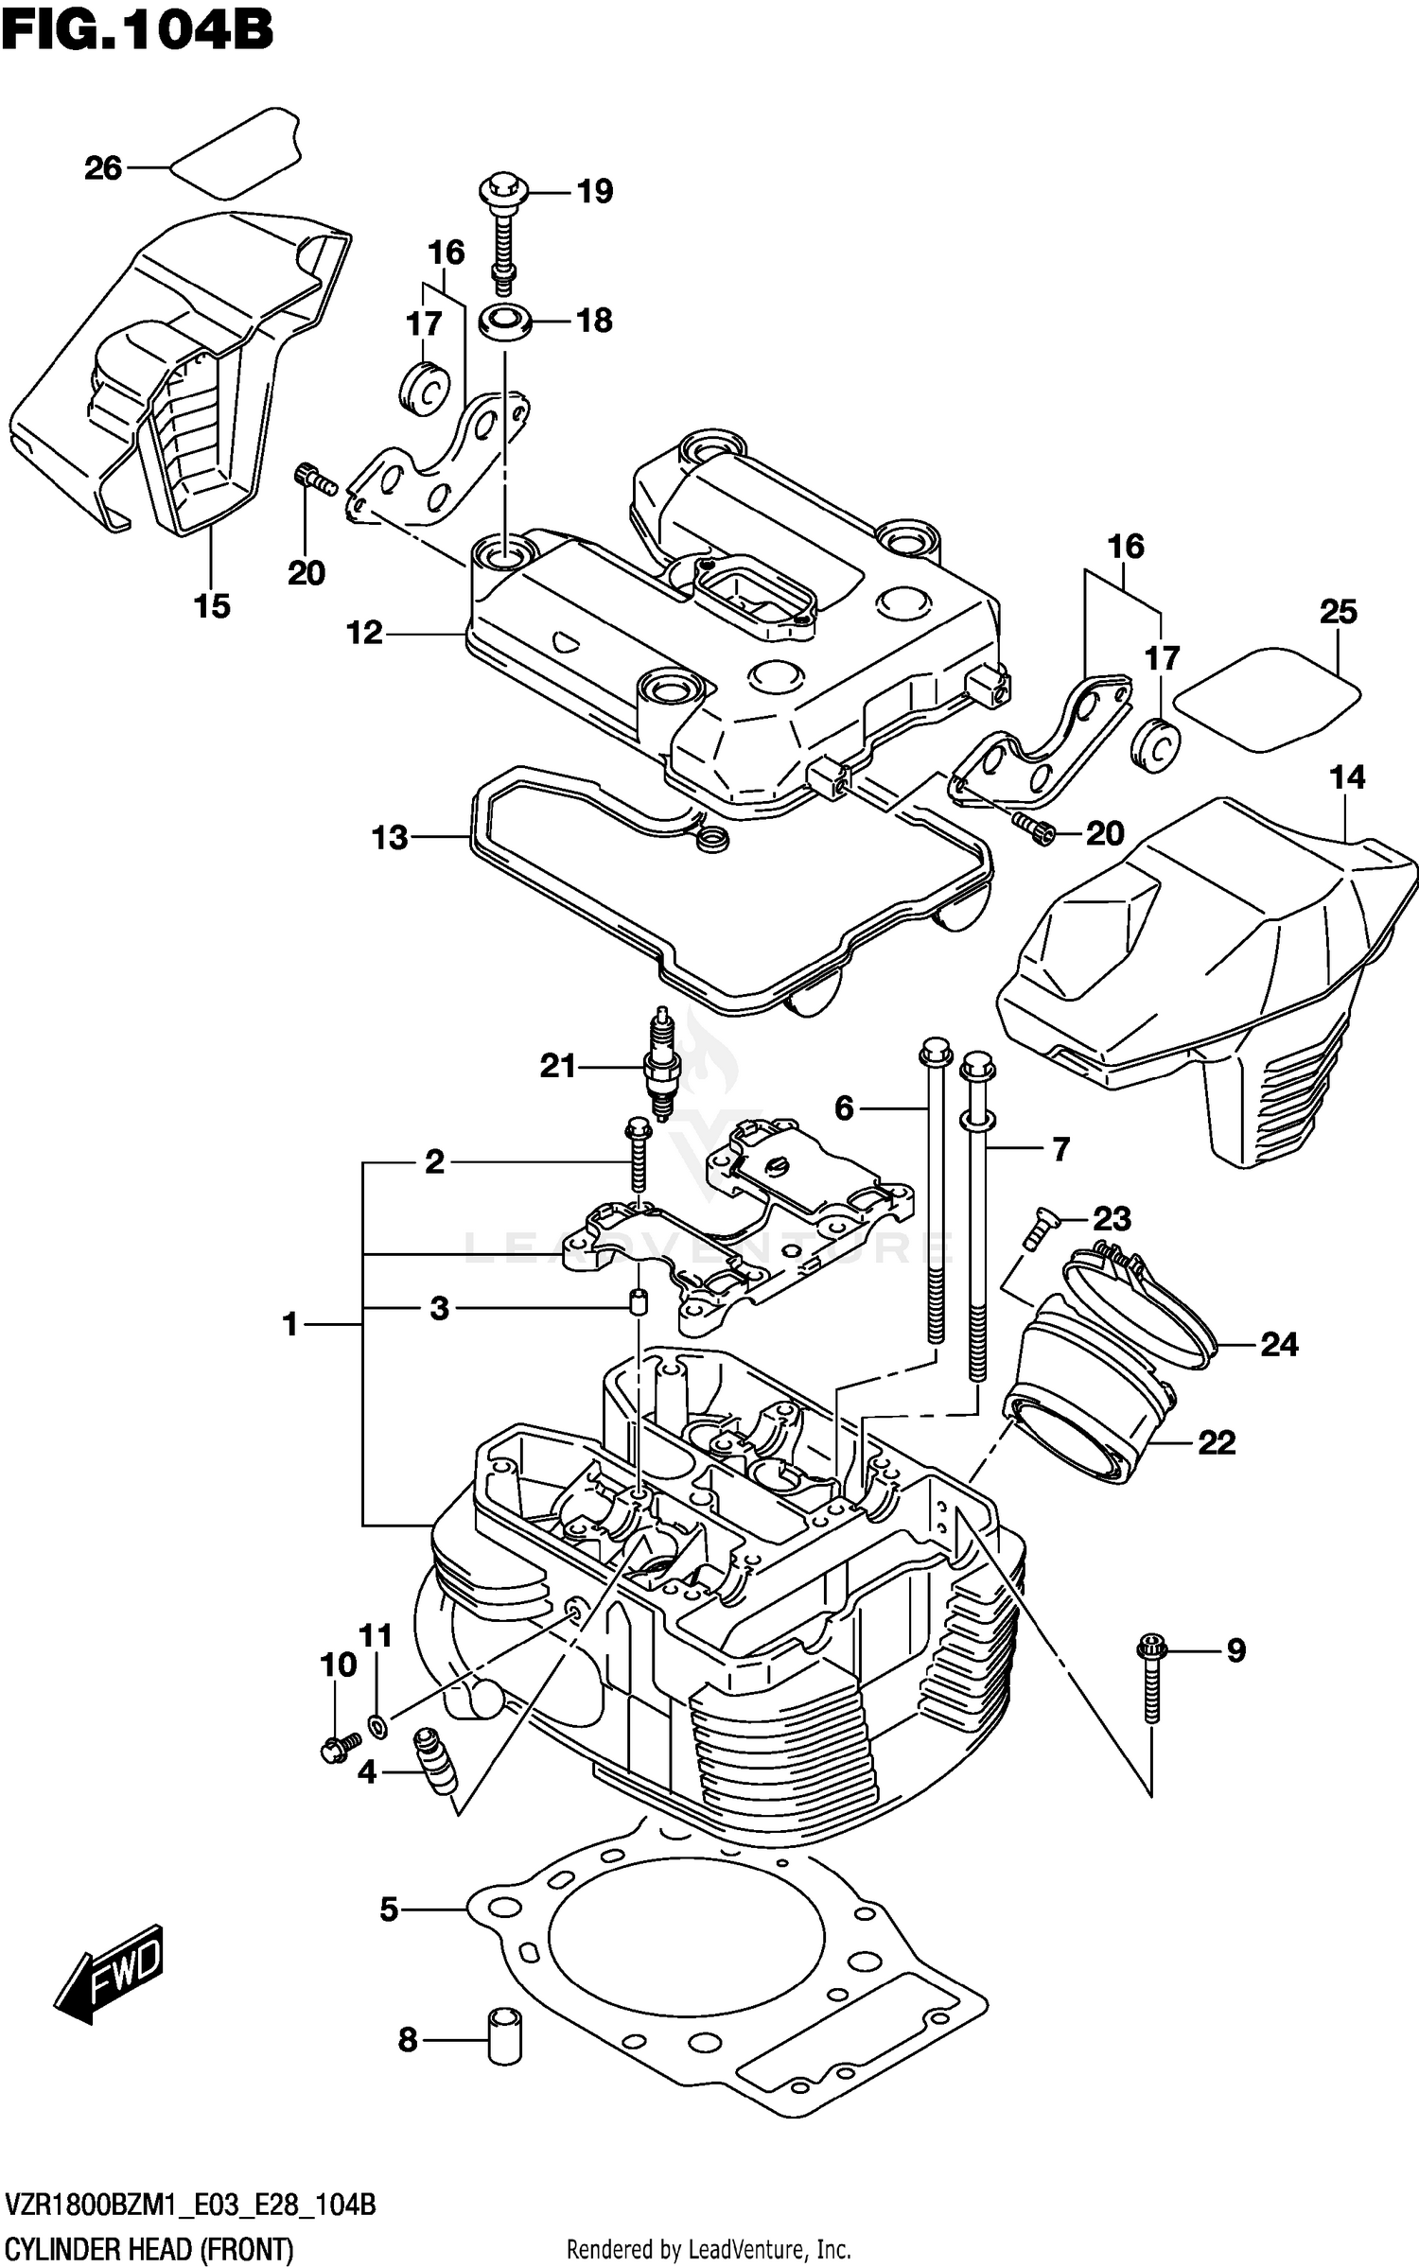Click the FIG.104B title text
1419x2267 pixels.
tap(137, 30)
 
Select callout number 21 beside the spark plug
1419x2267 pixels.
tap(558, 1067)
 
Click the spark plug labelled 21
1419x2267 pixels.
tap(661, 1063)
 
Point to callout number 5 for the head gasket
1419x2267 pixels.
tap(390, 1910)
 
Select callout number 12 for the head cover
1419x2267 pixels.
tap(364, 633)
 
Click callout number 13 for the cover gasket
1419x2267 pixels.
tap(390, 837)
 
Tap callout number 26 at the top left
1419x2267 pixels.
tap(103, 168)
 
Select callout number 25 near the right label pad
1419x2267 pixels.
tap(1339, 612)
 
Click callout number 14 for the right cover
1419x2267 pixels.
tap(1347, 777)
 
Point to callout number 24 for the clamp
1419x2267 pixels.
tap(1280, 1344)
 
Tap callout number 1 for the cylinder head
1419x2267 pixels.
tap(290, 1324)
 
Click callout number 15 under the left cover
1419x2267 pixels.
tap(212, 606)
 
